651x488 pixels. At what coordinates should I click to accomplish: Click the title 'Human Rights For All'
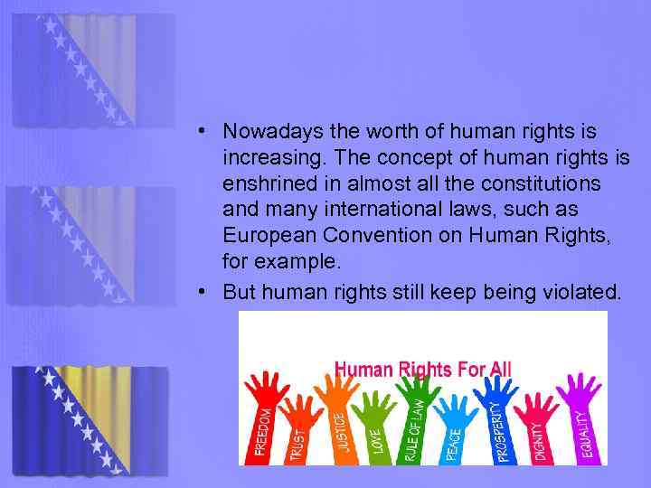click(x=423, y=369)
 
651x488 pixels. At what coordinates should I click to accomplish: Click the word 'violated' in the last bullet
click(x=586, y=292)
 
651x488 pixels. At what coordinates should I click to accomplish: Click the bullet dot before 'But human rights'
click(x=206, y=292)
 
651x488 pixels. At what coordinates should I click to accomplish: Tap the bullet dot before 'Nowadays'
click(x=206, y=132)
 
